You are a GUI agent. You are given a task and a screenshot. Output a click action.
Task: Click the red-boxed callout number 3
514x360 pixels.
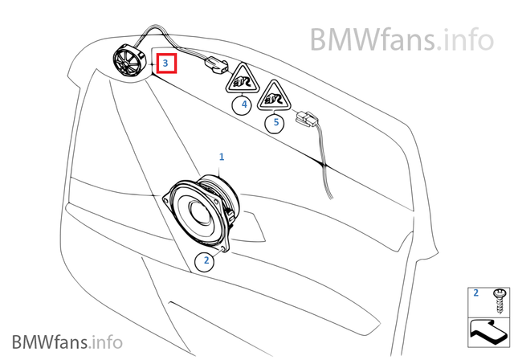[166, 62]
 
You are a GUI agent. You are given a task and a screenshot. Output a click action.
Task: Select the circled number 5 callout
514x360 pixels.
[276, 123]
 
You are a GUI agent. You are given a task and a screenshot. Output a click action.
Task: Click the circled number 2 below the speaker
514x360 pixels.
[206, 260]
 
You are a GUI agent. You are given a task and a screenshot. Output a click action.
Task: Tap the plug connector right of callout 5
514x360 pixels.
[307, 123]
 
